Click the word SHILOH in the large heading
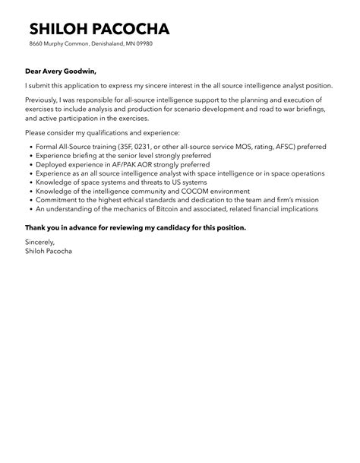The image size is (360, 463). [61, 30]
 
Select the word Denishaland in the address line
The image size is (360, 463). [104, 44]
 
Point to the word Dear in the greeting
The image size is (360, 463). [36, 72]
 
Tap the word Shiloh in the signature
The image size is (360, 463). [36, 250]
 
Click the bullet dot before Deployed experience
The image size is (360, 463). [28, 163]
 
